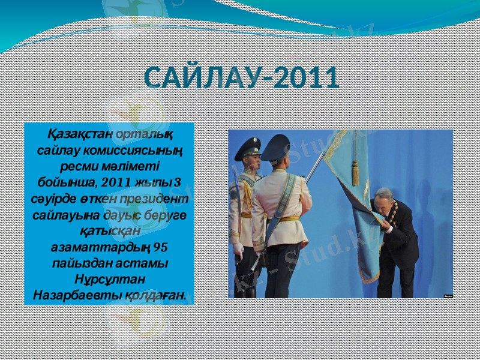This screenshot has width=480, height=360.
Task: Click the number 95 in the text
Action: point(161,247)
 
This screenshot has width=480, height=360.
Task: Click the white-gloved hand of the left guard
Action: point(238,248)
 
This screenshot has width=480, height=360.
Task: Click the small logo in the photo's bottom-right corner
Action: point(448,295)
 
